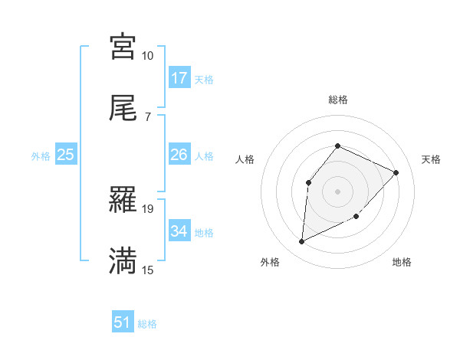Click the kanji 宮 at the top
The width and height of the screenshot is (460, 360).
(123, 47)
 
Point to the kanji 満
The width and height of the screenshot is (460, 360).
(123, 260)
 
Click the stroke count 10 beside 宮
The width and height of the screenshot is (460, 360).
(147, 56)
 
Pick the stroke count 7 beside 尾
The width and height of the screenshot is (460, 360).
(147, 116)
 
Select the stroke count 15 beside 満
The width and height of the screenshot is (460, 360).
(147, 270)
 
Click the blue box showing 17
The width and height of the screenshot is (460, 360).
(179, 78)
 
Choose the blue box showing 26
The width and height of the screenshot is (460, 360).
(179, 155)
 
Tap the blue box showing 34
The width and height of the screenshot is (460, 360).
(179, 231)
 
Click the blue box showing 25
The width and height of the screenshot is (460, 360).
(66, 155)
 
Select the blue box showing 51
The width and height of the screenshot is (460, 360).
(123, 322)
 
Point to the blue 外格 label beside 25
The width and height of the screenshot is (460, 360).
(41, 156)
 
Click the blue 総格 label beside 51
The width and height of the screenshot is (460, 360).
(147, 324)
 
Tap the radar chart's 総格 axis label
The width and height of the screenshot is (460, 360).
(337, 100)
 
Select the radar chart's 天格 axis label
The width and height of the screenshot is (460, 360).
(431, 159)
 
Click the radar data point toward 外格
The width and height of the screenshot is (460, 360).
(301, 242)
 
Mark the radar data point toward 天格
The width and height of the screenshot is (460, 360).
(396, 172)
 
